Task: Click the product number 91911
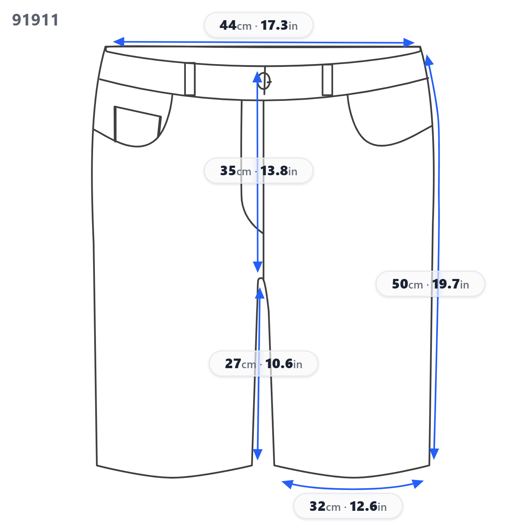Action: coord(35,20)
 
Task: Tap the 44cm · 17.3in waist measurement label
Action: coord(258,25)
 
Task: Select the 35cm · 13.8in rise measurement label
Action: coord(258,171)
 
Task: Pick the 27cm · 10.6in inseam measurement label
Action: coord(263,364)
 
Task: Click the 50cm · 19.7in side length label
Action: coord(430,284)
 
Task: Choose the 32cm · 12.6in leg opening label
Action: coord(348,506)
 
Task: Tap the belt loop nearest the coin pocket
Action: coord(190,79)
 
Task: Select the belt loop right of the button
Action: coord(327,80)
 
